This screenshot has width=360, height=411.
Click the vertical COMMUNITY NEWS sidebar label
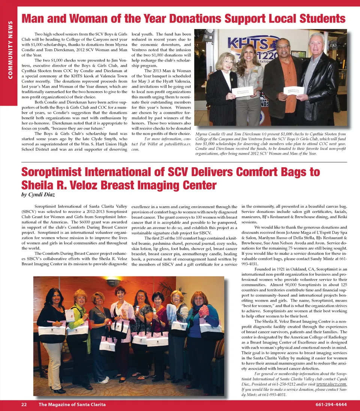[10, 50]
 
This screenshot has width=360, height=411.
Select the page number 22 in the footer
[24, 404]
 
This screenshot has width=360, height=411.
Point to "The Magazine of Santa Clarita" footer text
[72, 404]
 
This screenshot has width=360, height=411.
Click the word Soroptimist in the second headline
[57, 172]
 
